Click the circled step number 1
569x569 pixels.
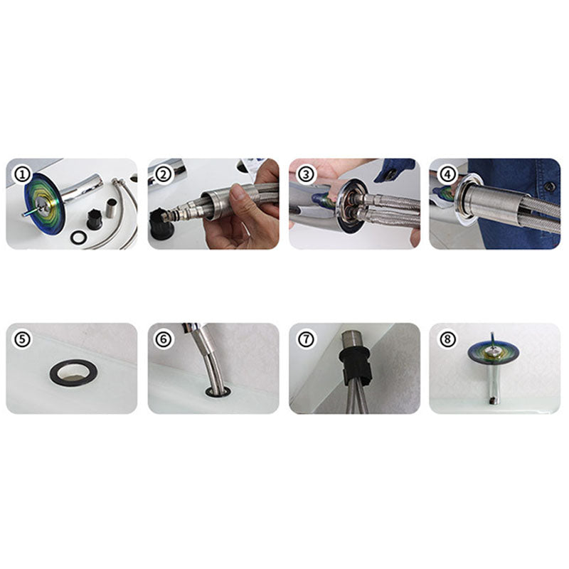[23, 174]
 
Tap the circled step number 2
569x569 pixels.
[164, 174]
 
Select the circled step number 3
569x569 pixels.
[306, 174]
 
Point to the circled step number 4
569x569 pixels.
[447, 174]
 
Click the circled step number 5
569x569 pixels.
[23, 340]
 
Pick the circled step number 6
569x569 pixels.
[164, 340]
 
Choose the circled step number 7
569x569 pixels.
[306, 340]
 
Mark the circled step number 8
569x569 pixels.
[447, 340]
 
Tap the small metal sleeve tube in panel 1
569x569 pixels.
[110, 210]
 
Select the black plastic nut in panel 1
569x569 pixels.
[94, 218]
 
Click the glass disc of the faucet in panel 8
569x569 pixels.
[493, 352]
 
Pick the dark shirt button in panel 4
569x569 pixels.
[550, 186]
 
